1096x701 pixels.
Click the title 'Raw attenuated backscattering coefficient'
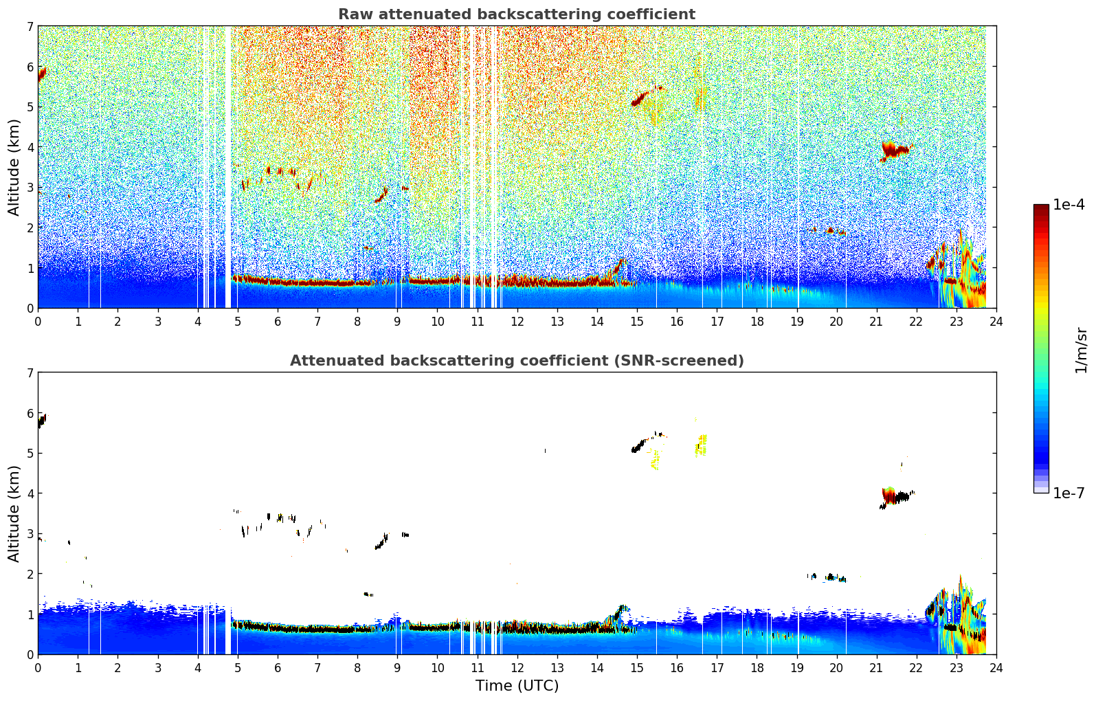click(x=516, y=14)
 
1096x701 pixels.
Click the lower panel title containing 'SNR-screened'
click(x=516, y=361)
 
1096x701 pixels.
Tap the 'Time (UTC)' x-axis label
click(x=517, y=685)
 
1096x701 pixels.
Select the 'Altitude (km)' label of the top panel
click(x=14, y=167)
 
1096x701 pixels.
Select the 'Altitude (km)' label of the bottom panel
click(x=14, y=513)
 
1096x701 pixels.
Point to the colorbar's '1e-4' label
click(x=1069, y=205)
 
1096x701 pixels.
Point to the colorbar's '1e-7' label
click(x=1069, y=493)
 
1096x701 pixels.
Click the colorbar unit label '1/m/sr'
click(x=1081, y=350)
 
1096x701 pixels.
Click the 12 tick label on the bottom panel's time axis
click(x=517, y=667)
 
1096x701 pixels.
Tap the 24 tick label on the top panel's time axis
click(x=996, y=321)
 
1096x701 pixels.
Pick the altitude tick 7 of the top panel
click(x=30, y=27)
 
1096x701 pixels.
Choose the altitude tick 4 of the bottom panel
click(x=30, y=493)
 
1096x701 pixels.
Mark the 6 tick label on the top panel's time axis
click(x=278, y=321)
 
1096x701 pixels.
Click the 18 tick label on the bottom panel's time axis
click(x=757, y=667)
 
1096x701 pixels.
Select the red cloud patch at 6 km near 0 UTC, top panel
click(x=42, y=73)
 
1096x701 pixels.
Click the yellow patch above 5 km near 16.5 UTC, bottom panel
click(x=701, y=445)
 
